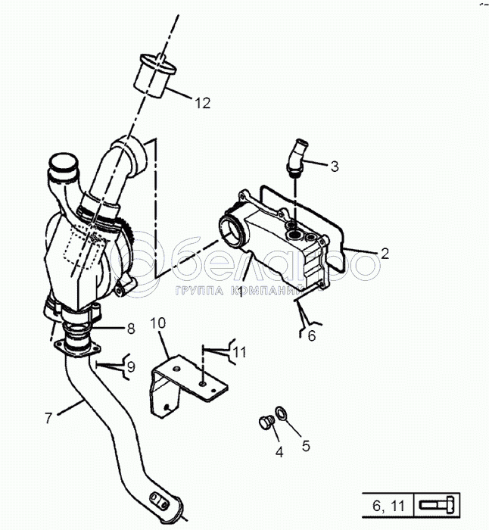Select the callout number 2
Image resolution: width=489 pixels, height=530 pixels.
pos(385,254)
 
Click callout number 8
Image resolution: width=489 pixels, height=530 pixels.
pos(130,329)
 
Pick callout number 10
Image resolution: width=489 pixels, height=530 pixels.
pos(156,324)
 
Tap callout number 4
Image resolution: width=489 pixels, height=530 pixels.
pos(279,453)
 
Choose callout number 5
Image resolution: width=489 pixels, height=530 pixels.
pos(306,446)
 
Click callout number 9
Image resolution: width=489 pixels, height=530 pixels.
pos(130,366)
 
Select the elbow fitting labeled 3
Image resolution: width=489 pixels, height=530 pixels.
pos(297,154)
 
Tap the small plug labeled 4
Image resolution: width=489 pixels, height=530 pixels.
pos(265,424)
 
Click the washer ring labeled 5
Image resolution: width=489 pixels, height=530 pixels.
pos(281,413)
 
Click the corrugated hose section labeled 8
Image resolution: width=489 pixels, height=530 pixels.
pos(77,331)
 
